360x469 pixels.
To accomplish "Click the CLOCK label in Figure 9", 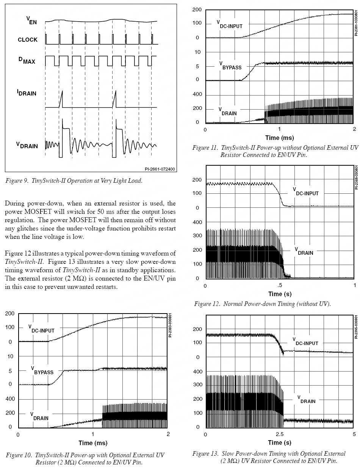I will pyautogui.click(x=28, y=39).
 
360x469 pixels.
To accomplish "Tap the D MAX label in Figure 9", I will pyautogui.click(x=27, y=60).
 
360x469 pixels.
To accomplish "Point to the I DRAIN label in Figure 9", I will pyautogui.click(x=27, y=92).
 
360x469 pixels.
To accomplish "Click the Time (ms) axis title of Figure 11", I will pyautogui.click(x=279, y=138).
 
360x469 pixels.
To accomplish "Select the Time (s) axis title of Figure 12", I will pyautogui.click(x=280, y=294).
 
